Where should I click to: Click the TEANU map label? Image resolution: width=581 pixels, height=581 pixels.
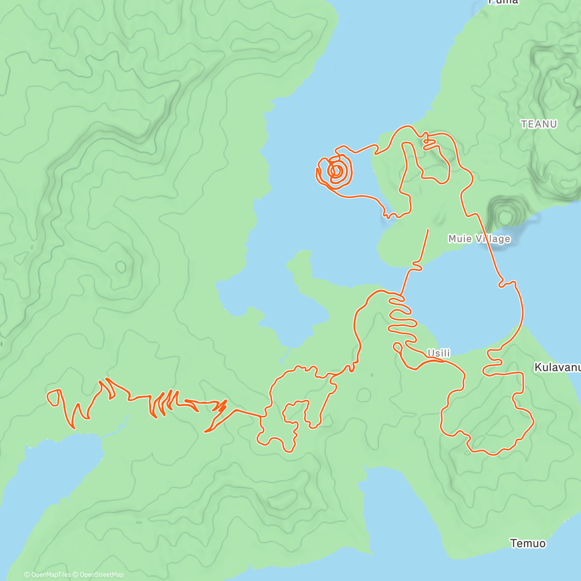click(x=539, y=124)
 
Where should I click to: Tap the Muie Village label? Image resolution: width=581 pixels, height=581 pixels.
click(x=479, y=239)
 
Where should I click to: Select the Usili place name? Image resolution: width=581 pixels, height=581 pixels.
click(x=439, y=353)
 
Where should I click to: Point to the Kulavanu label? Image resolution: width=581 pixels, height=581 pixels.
click(x=557, y=367)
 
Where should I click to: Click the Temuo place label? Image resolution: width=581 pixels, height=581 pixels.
click(x=528, y=543)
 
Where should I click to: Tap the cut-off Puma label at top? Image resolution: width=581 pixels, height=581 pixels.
click(x=504, y=2)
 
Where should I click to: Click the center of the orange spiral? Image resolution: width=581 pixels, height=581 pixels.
click(x=336, y=170)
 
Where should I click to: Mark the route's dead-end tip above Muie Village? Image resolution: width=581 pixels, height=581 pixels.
click(x=428, y=229)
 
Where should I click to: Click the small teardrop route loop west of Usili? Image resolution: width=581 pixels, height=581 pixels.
click(x=398, y=346)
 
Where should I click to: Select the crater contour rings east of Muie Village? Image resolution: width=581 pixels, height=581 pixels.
click(x=505, y=213)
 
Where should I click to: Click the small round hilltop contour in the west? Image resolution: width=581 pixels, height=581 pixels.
click(x=121, y=266)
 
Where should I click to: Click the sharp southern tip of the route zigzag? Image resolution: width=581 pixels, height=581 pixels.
click(x=206, y=431)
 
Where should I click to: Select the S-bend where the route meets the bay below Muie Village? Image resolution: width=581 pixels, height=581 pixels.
click(x=417, y=265)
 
